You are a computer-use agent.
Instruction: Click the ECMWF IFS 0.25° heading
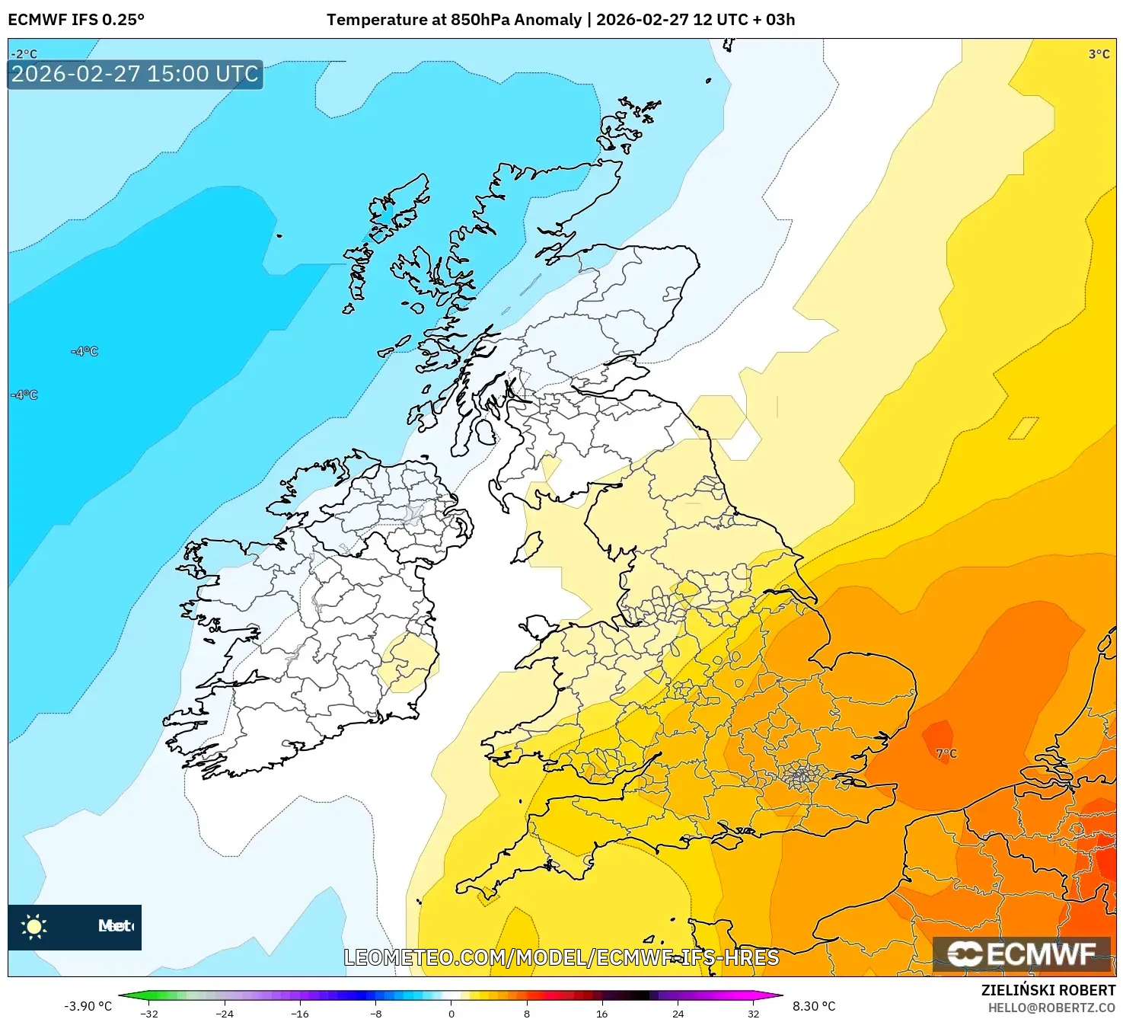point(75,20)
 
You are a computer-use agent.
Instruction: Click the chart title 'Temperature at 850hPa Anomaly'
point(454,20)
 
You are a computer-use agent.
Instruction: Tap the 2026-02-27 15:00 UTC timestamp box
point(135,75)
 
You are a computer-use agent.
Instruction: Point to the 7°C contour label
point(946,754)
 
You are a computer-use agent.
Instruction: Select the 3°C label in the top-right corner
point(1099,54)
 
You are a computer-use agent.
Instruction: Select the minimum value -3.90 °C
point(88,1006)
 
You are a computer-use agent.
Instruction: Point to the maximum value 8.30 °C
point(814,1006)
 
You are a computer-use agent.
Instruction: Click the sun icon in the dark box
point(34,926)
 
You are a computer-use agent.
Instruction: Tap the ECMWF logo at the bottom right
point(1022,954)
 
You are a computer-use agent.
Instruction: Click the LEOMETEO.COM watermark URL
point(561,957)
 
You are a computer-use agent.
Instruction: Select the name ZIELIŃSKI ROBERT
point(1048,991)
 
